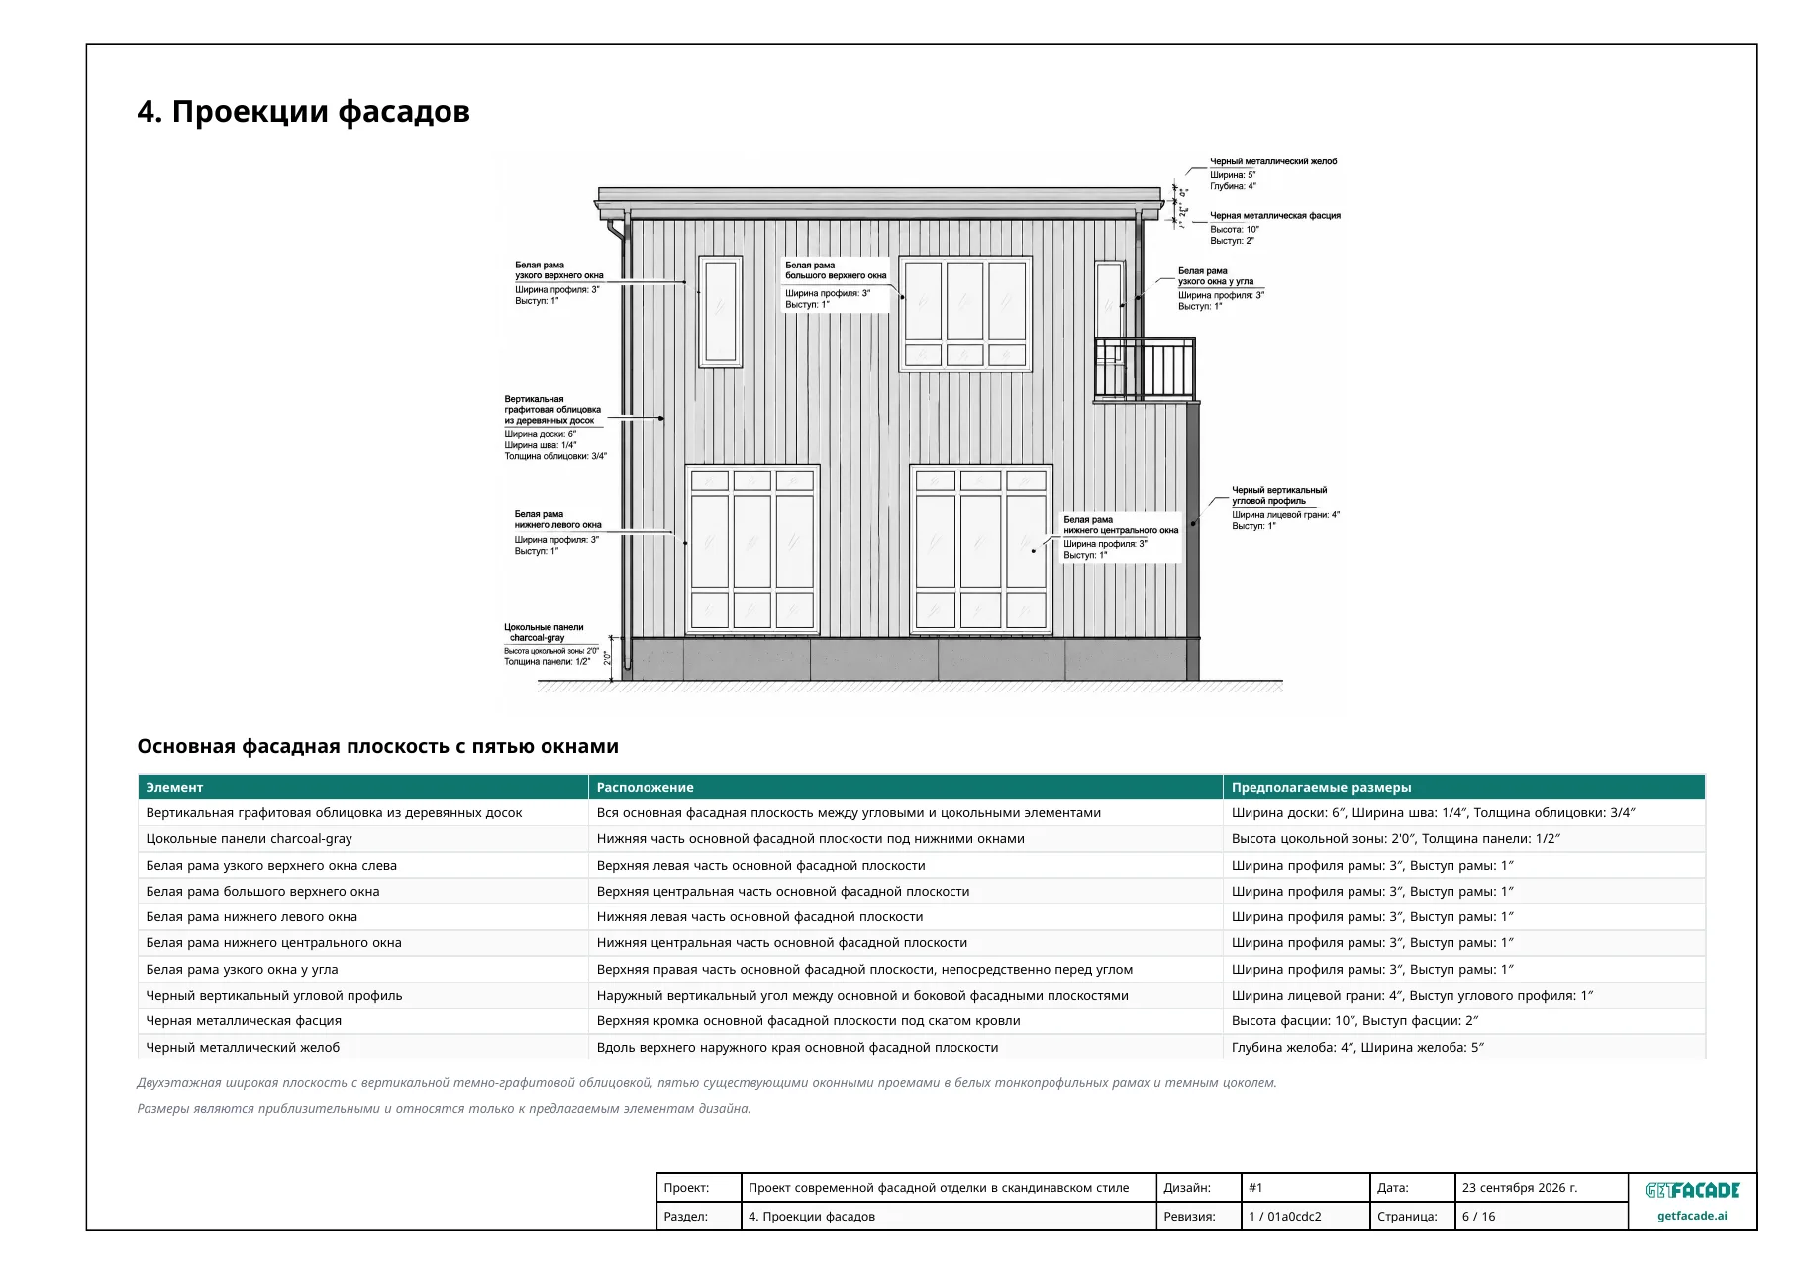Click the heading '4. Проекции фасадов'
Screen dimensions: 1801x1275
point(303,112)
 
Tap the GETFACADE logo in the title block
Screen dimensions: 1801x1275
point(1691,1190)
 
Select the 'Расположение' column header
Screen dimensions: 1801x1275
point(645,788)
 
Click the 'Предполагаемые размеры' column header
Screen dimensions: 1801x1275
point(1321,788)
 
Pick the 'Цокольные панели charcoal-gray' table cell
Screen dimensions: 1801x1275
point(249,839)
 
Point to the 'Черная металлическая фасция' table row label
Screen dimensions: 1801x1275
point(244,1021)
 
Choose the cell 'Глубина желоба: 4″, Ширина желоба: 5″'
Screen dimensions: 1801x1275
point(1357,1048)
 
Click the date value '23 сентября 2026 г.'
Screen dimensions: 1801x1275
point(1520,1188)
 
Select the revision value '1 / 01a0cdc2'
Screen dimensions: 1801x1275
point(1284,1217)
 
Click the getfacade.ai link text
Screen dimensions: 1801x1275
point(1692,1216)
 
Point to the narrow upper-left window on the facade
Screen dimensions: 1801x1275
point(720,311)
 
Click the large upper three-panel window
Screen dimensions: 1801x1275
point(964,313)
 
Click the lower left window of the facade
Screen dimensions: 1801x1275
point(752,549)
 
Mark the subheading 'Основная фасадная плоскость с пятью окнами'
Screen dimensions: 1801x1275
point(377,747)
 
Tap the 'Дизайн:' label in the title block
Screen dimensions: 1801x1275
point(1186,1188)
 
